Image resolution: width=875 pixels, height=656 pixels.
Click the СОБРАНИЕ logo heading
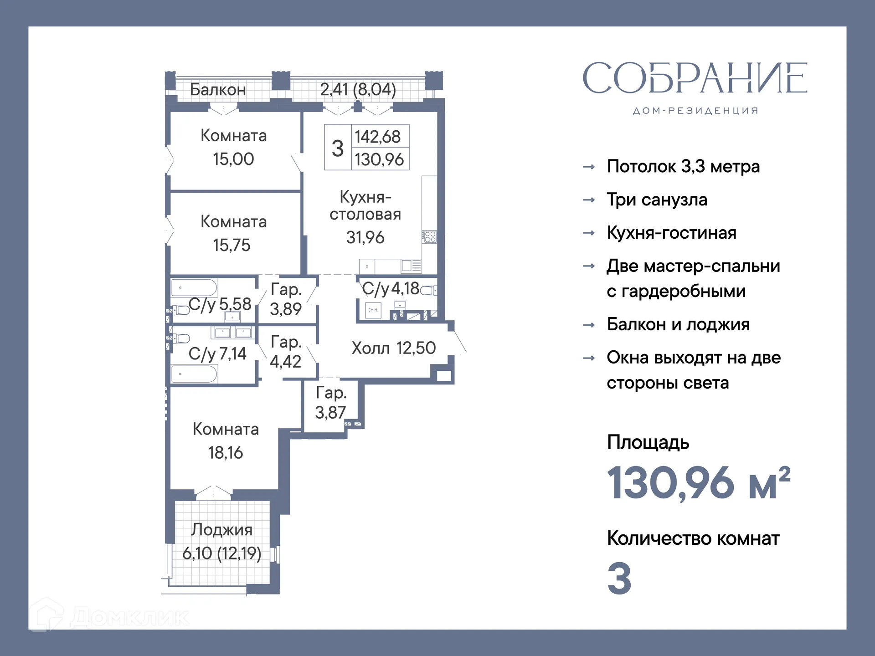[695, 78]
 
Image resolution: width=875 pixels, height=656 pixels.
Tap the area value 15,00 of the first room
[233, 159]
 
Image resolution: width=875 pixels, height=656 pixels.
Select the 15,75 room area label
[232, 245]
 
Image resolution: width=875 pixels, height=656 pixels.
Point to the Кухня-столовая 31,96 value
[365, 237]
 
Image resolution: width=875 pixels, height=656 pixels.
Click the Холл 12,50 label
[393, 348]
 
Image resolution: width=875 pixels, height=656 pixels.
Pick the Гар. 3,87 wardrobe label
[331, 402]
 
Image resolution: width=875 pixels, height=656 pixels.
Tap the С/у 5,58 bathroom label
[220, 304]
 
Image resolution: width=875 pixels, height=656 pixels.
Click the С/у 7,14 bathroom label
[217, 354]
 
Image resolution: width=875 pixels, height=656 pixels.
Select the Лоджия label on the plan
[221, 529]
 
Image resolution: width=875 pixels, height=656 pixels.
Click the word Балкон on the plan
[218, 90]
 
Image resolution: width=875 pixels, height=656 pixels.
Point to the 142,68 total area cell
[378, 136]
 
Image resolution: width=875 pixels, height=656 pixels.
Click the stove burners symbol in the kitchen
[430, 236]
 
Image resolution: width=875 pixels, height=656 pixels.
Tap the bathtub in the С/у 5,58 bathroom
[194, 288]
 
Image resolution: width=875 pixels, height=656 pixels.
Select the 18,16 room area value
[226, 453]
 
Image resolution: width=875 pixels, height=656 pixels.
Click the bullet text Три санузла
[657, 200]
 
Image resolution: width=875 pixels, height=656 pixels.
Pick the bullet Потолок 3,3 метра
[683, 166]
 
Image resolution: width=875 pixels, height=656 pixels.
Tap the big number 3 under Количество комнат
[619, 579]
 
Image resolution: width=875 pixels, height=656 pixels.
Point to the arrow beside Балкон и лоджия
[589, 325]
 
